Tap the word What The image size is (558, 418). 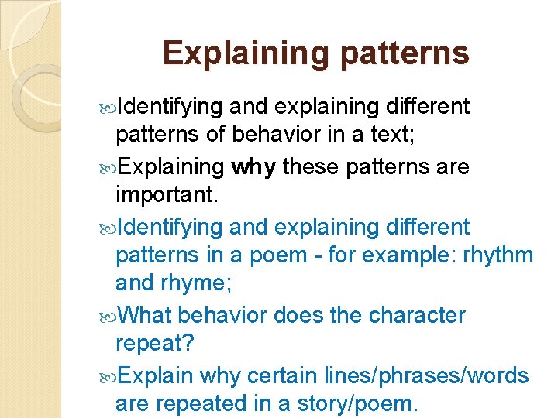pyautogui.click(x=147, y=315)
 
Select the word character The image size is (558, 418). pyautogui.click(x=417, y=315)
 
